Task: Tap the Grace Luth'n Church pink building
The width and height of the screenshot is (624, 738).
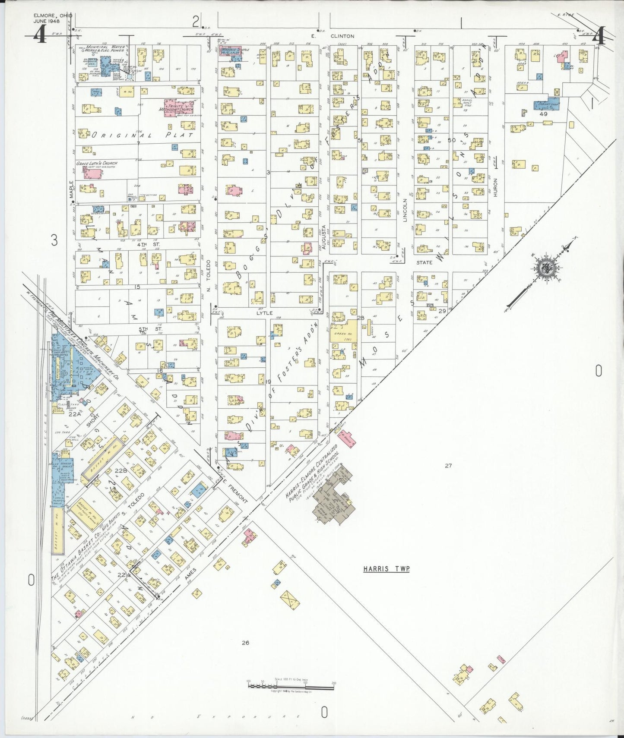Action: (93, 173)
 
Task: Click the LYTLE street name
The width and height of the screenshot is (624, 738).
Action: (265, 313)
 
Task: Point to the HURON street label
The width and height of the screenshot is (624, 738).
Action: (495, 187)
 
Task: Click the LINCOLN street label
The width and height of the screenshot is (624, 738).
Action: (405, 210)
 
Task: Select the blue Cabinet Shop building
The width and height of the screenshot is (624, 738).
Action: (546, 105)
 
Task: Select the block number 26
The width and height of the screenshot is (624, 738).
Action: (245, 643)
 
